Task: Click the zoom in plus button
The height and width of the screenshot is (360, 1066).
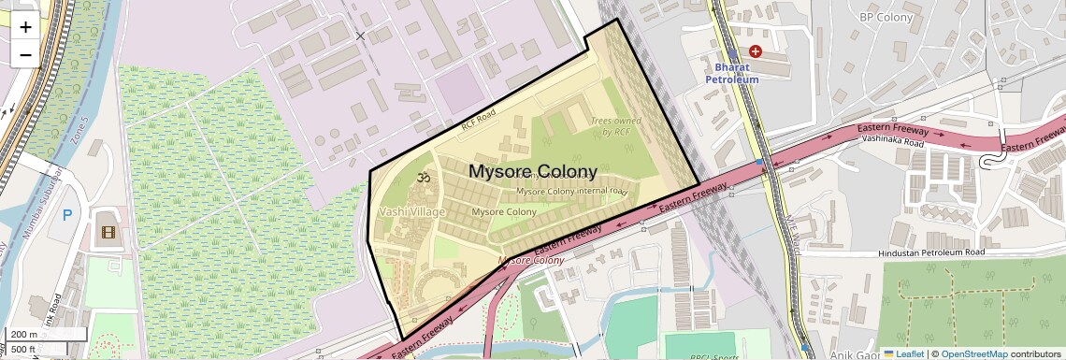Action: coord(25,27)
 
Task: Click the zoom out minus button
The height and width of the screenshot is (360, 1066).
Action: coord(25,54)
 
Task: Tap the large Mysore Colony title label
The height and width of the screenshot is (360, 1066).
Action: coord(532,172)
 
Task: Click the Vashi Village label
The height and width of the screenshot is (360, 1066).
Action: coord(411,212)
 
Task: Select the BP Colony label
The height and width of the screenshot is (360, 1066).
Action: coord(886,16)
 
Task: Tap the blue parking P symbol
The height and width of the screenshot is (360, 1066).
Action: coord(67,215)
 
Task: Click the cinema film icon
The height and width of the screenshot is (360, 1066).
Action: coord(108,231)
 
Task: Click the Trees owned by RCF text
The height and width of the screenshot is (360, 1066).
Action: coord(614,126)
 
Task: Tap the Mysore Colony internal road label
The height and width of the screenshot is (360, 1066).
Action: coord(571,191)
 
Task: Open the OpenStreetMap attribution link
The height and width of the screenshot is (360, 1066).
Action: coord(973,353)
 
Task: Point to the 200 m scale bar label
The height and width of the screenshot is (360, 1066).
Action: coord(25,334)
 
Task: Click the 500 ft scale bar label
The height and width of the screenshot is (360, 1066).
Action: coord(23,349)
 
